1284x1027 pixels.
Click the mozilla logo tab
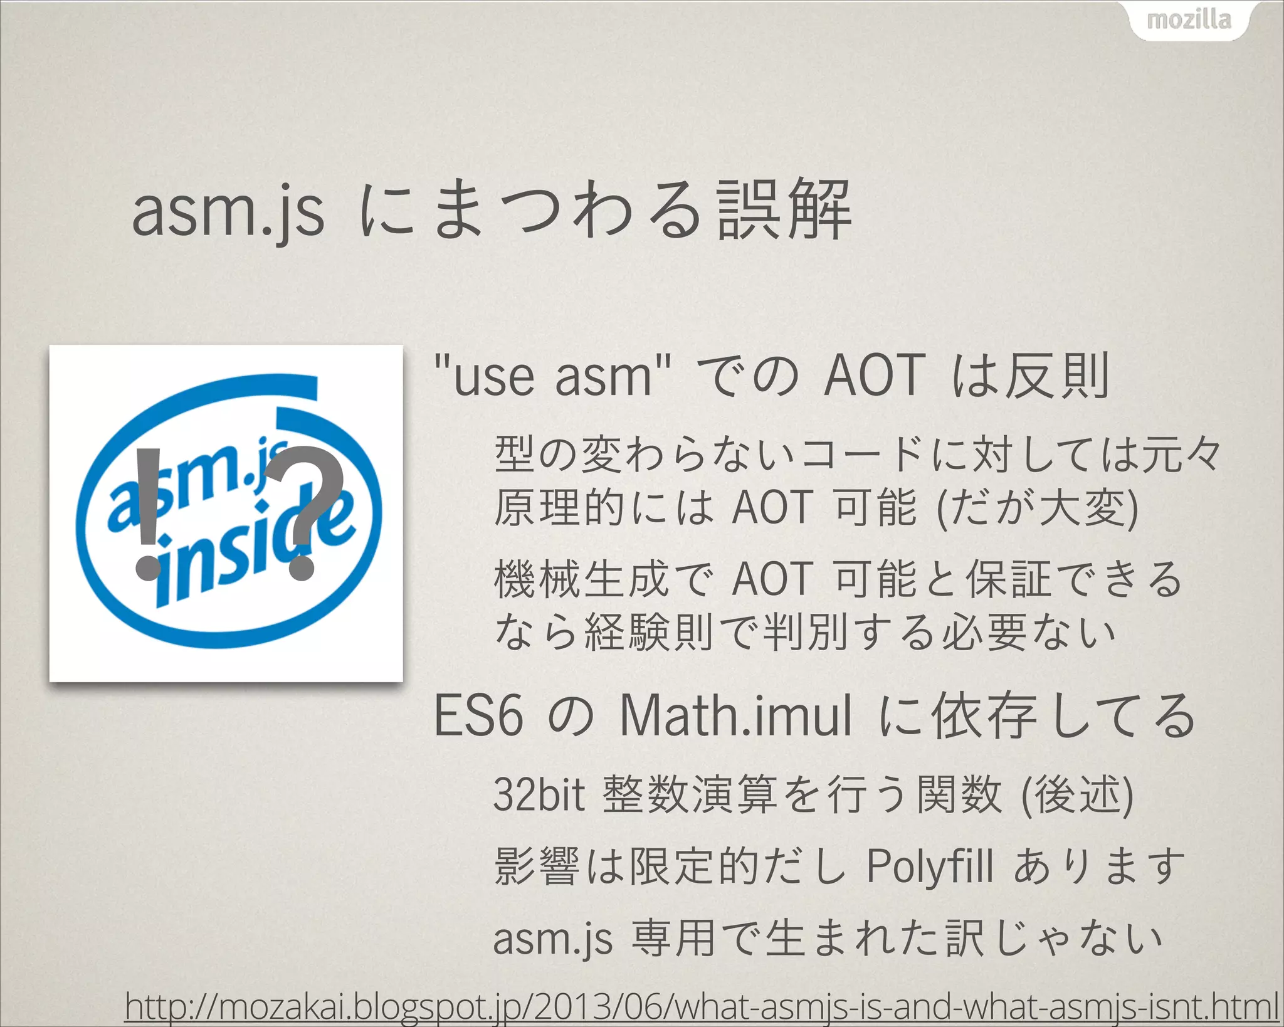[1189, 21]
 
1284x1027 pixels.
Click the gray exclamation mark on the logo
[148, 514]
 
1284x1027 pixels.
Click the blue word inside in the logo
[251, 552]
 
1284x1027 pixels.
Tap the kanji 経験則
[649, 632]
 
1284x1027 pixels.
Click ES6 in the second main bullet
[478, 716]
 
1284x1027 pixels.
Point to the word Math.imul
[735, 716]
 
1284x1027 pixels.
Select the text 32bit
[539, 795]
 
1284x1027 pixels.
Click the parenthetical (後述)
[1078, 795]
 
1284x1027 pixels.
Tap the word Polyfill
[930, 867]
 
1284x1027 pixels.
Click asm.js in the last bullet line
[552, 939]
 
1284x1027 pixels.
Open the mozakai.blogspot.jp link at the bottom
[701, 1007]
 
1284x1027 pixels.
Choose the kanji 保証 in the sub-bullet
[1008, 579]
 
